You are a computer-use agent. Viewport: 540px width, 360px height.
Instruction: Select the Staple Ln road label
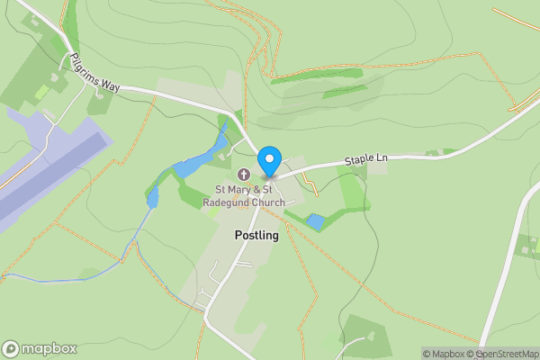point(366,161)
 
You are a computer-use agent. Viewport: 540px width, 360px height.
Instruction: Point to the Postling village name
point(256,236)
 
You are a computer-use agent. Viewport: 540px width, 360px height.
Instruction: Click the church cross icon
point(243,175)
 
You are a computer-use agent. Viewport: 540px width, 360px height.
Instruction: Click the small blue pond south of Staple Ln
point(315,220)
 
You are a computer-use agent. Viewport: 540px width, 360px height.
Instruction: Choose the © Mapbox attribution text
point(442,354)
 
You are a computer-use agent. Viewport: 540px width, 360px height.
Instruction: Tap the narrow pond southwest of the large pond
point(152,196)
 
